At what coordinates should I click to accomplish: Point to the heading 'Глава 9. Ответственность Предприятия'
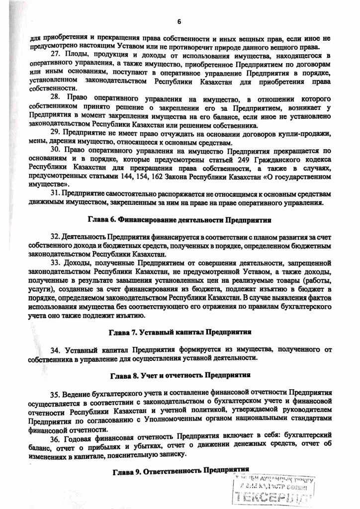click(x=180, y=470)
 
